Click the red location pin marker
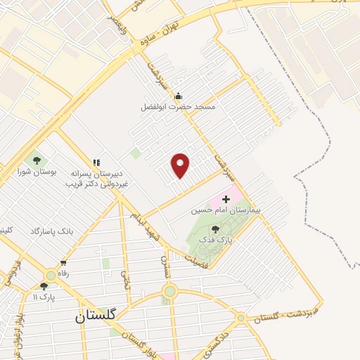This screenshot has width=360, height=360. (181, 165)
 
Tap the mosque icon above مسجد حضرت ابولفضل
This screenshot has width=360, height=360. (178, 96)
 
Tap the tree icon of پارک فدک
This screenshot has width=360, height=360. (215, 229)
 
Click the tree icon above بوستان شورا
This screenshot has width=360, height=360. (37, 162)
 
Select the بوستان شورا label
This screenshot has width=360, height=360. (36, 173)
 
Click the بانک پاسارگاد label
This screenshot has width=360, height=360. (51, 231)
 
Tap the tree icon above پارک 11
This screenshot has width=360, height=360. (44, 285)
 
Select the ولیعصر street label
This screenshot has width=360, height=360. (118, 25)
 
